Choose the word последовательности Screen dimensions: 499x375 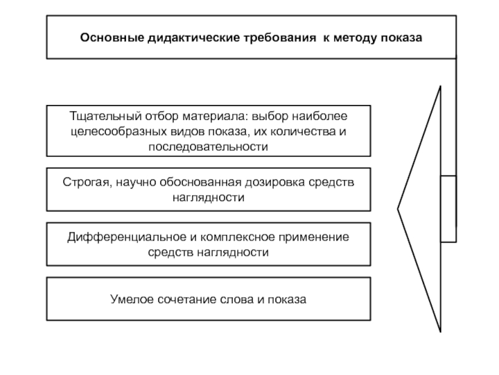point(208,147)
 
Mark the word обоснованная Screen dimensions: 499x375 point(198,181)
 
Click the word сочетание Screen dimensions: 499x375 point(184,299)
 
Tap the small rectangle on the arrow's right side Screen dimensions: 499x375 point(448,209)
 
